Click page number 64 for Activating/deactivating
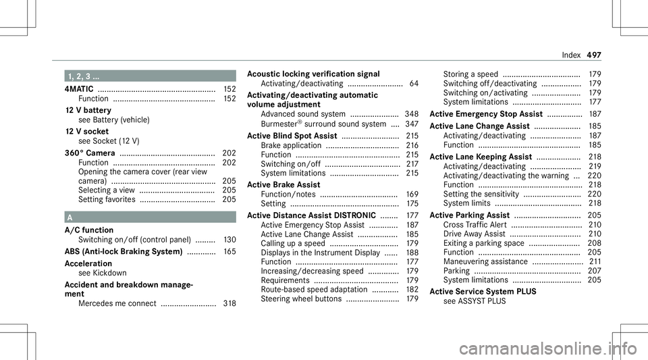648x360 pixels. coord(412,83)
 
